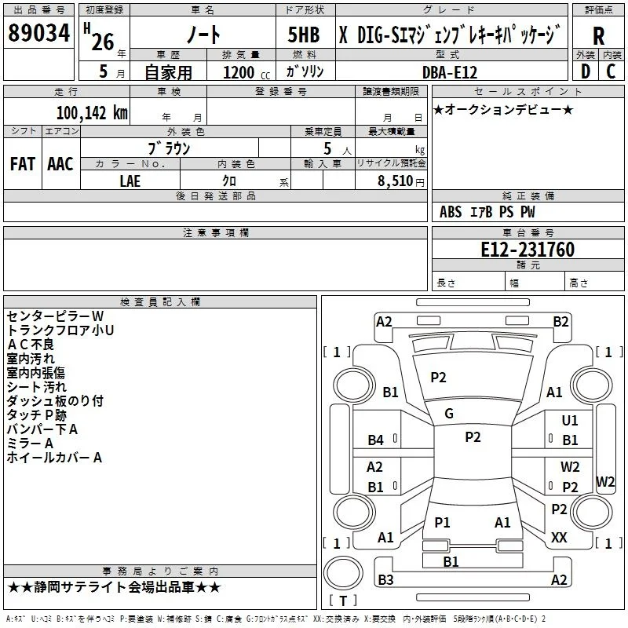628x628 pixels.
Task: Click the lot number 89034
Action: [38, 33]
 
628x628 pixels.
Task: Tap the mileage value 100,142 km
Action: [92, 113]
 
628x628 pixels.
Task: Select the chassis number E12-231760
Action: [528, 249]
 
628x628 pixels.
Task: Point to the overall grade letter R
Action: [598, 36]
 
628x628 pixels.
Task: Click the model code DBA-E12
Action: [450, 72]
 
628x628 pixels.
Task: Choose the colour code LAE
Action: [130, 181]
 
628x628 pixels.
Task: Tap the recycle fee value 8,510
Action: [395, 181]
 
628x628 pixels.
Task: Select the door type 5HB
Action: [304, 35]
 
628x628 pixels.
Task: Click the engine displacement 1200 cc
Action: [246, 72]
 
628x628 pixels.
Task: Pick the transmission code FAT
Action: [23, 164]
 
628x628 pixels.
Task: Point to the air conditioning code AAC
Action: [60, 164]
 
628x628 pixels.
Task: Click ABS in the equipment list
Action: [451, 212]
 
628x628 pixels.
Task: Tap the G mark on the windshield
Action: [449, 414]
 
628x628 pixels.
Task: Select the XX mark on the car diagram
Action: [559, 537]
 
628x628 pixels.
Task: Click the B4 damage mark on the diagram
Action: [376, 440]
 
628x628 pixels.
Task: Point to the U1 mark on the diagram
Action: [570, 420]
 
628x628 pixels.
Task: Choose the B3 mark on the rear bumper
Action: [385, 579]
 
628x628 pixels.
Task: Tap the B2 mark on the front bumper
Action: [560, 322]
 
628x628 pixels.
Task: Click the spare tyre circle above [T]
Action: [343, 572]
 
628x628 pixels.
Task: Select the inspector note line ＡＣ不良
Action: [31, 345]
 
